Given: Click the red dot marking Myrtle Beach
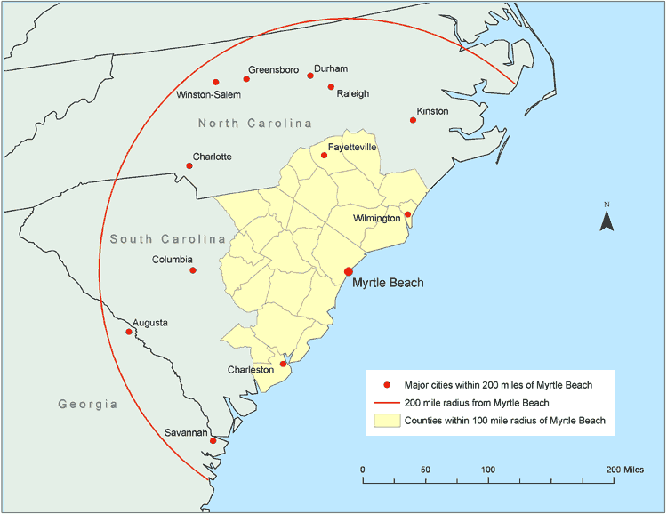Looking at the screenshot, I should (x=349, y=271).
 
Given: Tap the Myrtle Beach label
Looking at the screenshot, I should (x=388, y=284).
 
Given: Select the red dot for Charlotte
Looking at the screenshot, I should (x=189, y=165).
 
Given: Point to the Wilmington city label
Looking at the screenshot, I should (x=376, y=218).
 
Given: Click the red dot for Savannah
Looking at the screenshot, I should (x=213, y=440).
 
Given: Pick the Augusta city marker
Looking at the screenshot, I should (x=129, y=332).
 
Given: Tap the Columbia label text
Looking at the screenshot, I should (x=173, y=260).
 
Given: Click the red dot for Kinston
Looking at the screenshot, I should (x=413, y=120).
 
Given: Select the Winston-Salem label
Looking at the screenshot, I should (x=209, y=94).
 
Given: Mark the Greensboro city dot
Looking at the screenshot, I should (x=246, y=79).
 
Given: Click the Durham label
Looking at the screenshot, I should (x=331, y=68).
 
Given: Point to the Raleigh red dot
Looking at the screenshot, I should (x=331, y=87).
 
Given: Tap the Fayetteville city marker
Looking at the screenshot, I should (x=324, y=155).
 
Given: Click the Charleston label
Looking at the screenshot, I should (x=250, y=370).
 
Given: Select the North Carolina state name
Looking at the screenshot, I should (x=255, y=123).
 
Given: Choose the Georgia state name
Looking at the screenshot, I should (x=88, y=404).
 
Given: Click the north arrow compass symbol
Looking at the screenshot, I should (x=607, y=219).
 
